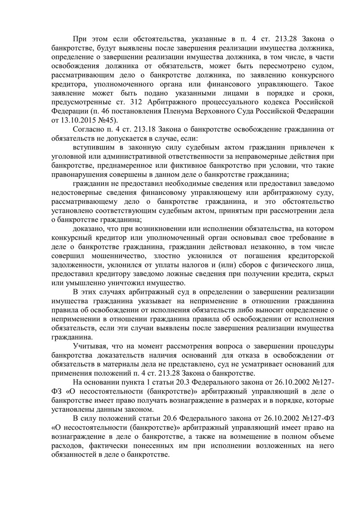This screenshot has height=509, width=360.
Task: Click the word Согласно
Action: point(88,131)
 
